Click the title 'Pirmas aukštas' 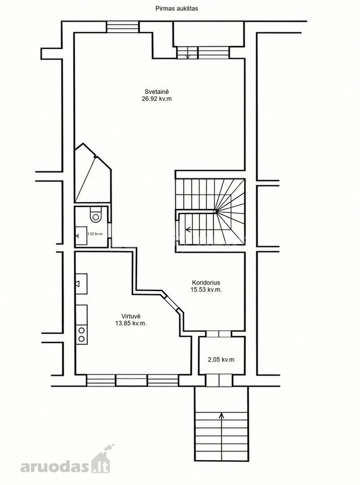pyautogui.click(x=177, y=9)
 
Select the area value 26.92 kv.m pyautogui.click(x=157, y=99)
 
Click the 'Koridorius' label pyautogui.click(x=206, y=282)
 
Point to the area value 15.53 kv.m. pyautogui.click(x=206, y=290)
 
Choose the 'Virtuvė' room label pyautogui.click(x=131, y=316)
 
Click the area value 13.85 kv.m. pyautogui.click(x=131, y=323)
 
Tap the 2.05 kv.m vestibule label pyautogui.click(x=221, y=359)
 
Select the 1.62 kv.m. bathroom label pyautogui.click(x=95, y=234)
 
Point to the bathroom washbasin pyautogui.click(x=81, y=235)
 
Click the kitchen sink pyautogui.click(x=81, y=283)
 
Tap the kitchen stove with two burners pyautogui.click(x=82, y=334)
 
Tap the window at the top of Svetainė pyautogui.click(x=123, y=26)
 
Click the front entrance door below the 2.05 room pyautogui.click(x=219, y=380)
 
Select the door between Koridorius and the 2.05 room pyautogui.click(x=219, y=334)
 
